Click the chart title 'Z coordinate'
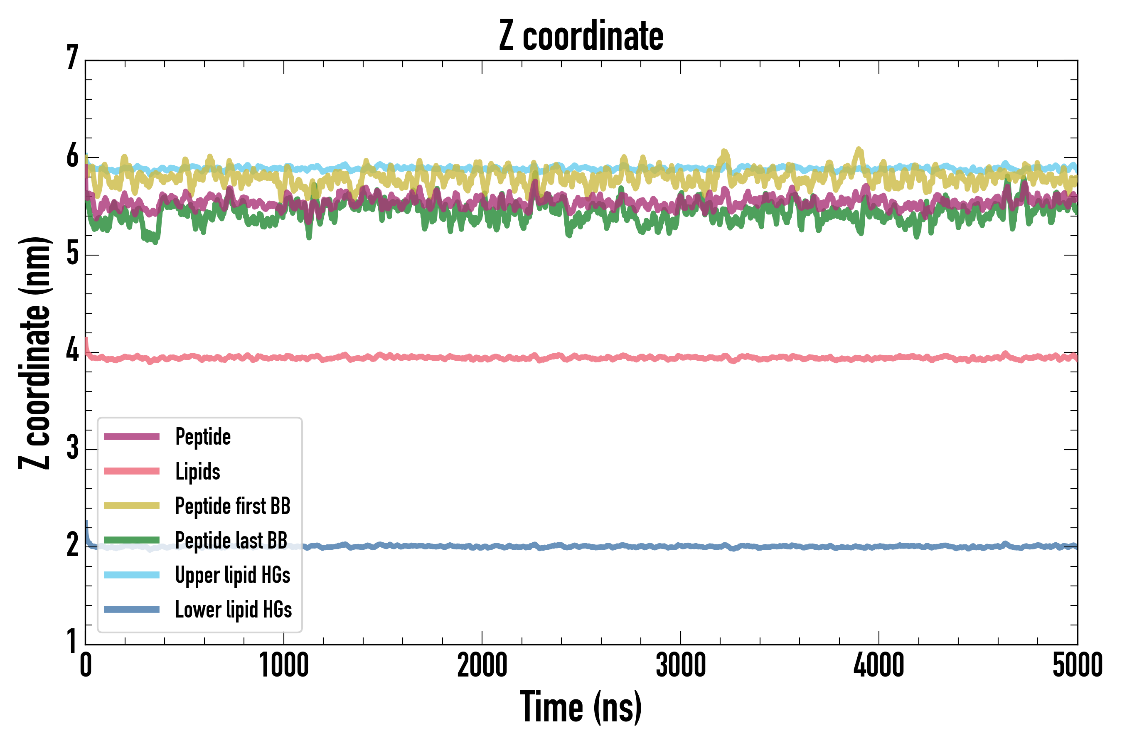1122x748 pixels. pos(581,36)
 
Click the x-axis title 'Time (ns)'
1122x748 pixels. pos(581,707)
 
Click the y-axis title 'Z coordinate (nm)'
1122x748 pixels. pos(34,352)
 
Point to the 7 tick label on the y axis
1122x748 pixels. pos(72,58)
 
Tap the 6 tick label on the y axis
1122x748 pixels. pos(72,156)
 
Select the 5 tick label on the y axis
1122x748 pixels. pos(72,254)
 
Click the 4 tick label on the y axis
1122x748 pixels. pos(72,351)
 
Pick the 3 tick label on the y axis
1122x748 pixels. pos(72,448)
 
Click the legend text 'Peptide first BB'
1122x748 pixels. pos(233,506)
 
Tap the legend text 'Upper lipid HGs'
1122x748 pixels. pos(233,575)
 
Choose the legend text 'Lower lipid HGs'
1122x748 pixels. pos(234,610)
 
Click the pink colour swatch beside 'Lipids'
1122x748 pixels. pos(132,471)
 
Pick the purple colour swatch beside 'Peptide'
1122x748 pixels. pos(132,436)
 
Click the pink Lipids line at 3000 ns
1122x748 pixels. pos(680,357)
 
